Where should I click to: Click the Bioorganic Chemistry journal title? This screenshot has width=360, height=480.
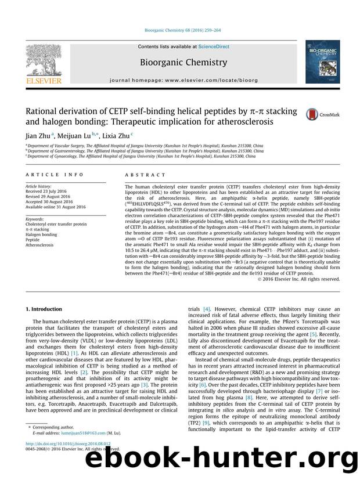click(x=180, y=60)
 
